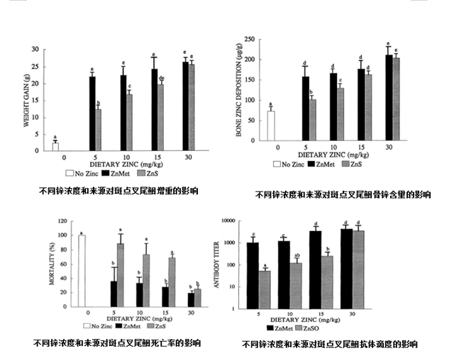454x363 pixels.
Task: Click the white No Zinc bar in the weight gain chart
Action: click(55, 146)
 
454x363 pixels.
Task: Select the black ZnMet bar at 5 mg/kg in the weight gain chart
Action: click(92, 113)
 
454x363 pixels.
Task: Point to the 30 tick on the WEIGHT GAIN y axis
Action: click(35, 49)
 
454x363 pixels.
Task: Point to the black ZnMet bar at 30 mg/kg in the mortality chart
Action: click(191, 300)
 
